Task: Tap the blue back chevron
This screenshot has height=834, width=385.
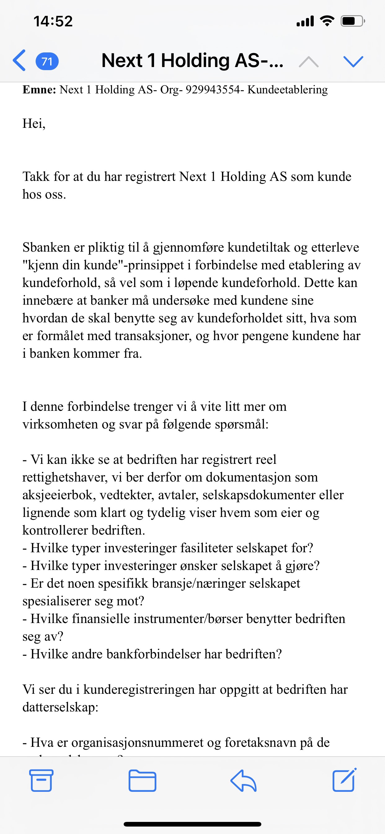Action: (19, 61)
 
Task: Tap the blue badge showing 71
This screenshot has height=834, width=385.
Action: (47, 61)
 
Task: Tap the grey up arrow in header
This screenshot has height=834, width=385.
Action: (308, 61)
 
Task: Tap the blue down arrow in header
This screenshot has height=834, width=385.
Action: (353, 61)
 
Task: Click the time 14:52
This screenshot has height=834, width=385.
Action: (53, 21)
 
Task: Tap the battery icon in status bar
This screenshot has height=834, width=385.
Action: (352, 21)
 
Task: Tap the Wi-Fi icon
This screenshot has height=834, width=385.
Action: (327, 21)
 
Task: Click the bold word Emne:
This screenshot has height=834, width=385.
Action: (39, 90)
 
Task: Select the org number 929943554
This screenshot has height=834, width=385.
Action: (213, 90)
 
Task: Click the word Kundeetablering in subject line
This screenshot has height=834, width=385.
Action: (287, 90)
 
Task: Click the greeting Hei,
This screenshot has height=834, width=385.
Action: (34, 124)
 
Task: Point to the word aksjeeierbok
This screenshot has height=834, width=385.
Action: (57, 495)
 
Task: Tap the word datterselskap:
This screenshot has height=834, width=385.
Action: (60, 707)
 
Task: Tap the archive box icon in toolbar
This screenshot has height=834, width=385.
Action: (41, 781)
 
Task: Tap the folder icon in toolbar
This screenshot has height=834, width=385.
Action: (142, 781)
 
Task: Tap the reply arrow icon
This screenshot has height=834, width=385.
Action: (243, 781)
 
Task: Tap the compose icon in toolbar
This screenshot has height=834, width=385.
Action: (344, 780)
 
